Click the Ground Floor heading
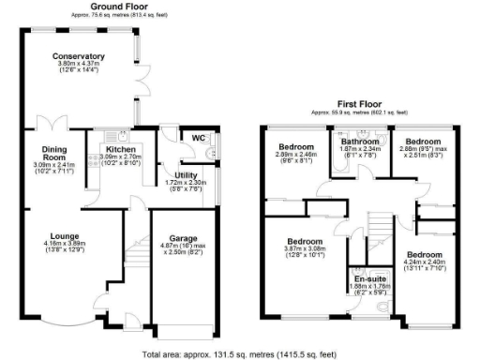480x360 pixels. (x=121, y=7)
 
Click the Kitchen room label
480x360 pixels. (x=120, y=149)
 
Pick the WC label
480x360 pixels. (x=198, y=139)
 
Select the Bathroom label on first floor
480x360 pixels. (x=359, y=142)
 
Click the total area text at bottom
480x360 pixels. (x=240, y=354)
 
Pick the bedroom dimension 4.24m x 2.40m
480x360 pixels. (x=424, y=263)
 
